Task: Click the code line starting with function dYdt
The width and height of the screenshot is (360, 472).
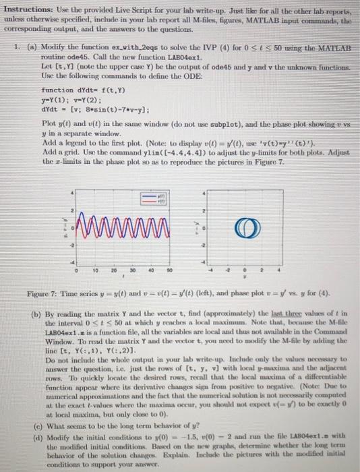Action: point(74,90)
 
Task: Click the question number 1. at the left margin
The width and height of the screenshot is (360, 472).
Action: point(16,49)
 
